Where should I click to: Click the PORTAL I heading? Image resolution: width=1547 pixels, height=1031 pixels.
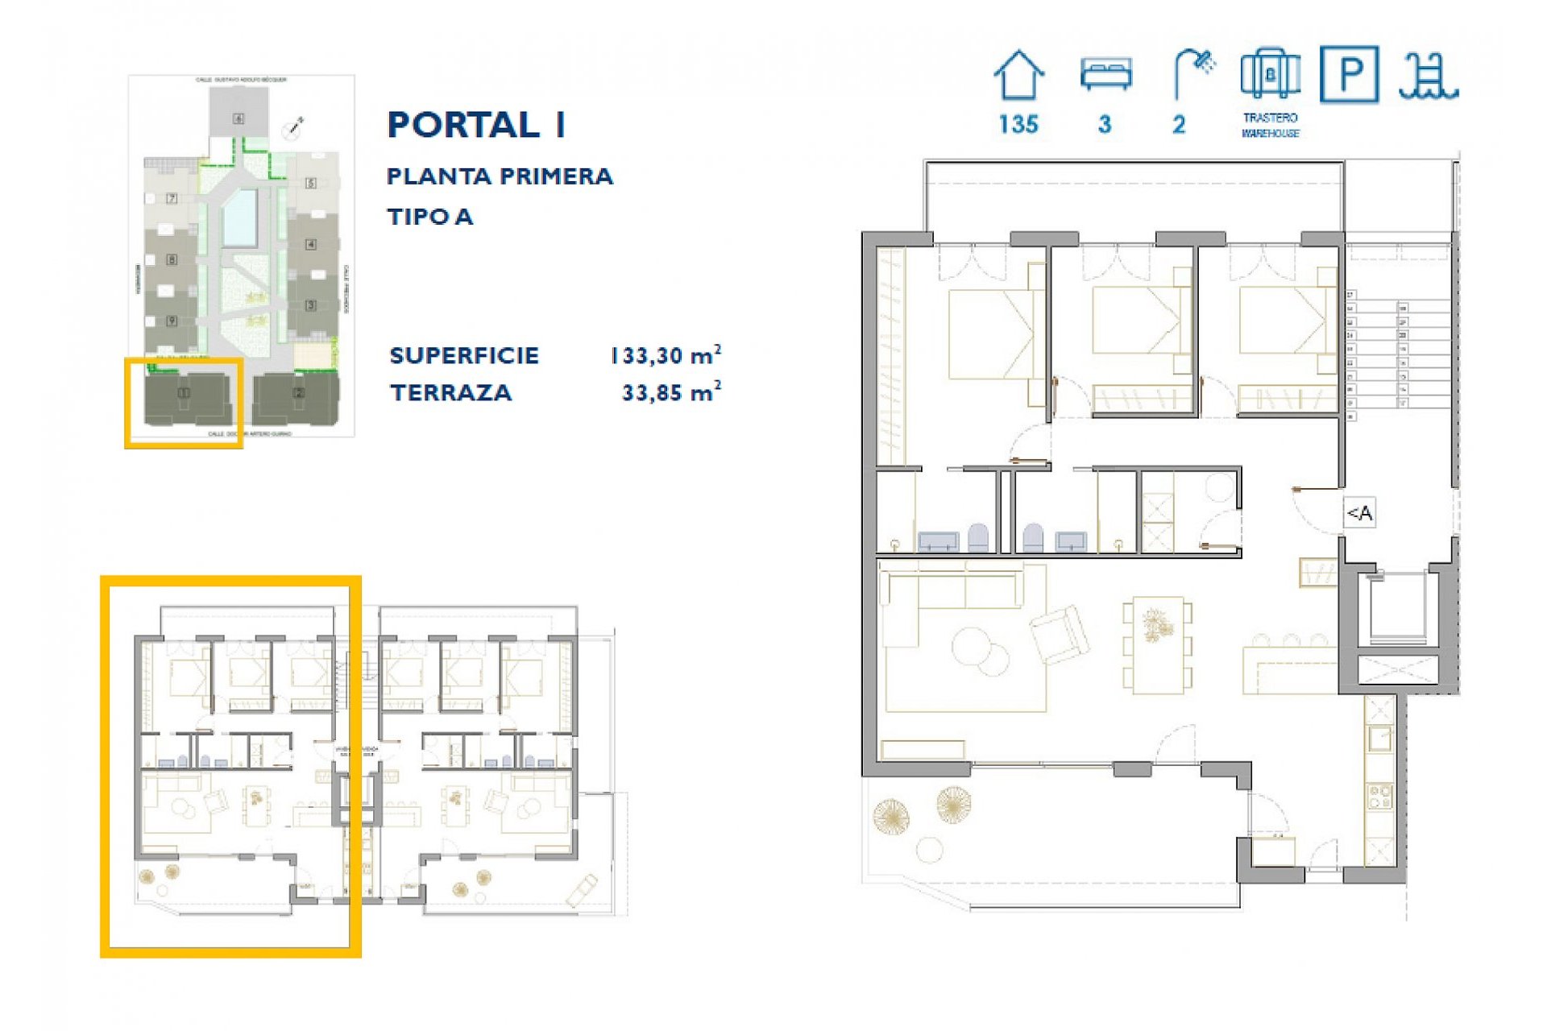[476, 125]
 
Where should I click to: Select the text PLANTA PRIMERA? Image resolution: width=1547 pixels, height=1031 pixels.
[500, 176]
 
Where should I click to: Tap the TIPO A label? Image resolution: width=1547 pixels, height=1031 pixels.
[429, 217]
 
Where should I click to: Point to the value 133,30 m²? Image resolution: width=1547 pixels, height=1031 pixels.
[665, 355]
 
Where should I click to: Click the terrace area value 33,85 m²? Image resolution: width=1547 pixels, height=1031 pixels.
[670, 392]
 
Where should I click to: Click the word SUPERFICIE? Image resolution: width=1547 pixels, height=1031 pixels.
[464, 355]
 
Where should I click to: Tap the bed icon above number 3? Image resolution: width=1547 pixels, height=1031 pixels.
[1105, 75]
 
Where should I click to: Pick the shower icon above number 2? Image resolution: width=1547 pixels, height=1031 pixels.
[1193, 72]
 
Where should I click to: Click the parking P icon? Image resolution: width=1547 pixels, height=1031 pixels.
[1349, 74]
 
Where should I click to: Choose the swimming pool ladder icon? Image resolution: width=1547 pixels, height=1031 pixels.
[1427, 77]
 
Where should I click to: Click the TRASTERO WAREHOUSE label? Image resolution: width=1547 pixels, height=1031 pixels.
[1270, 126]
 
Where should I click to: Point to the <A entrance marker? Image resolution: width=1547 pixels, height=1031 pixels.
[1360, 513]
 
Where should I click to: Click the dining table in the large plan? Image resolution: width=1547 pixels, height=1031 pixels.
[1157, 644]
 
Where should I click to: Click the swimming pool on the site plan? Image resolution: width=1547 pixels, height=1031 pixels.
[240, 217]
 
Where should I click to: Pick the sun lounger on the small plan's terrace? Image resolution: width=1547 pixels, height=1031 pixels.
[582, 890]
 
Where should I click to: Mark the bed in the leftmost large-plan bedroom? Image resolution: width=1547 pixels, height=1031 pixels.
[991, 334]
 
